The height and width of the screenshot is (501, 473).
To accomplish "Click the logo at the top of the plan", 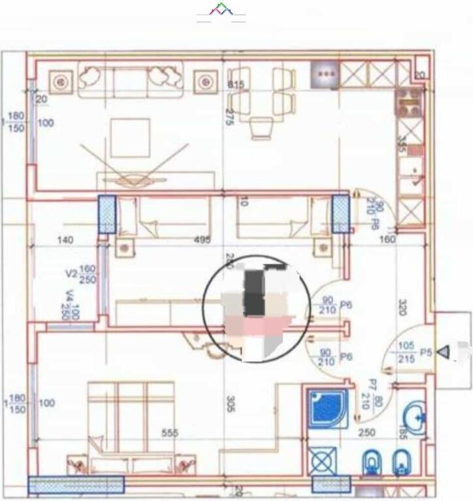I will (x=221, y=12).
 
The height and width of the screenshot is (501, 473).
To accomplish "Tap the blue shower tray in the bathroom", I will (x=327, y=408).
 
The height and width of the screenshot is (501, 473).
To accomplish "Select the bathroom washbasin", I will (x=416, y=414).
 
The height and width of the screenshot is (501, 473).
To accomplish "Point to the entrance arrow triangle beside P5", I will (x=444, y=353).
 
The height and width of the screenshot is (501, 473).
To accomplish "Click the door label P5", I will (x=426, y=352).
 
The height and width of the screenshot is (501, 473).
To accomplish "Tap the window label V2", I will (x=71, y=273).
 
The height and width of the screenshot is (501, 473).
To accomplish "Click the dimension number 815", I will (x=235, y=85).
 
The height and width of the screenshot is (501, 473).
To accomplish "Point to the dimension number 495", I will (x=203, y=240).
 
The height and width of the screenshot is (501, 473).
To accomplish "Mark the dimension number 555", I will (x=171, y=433).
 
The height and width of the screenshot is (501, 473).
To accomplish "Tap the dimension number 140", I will (x=65, y=240).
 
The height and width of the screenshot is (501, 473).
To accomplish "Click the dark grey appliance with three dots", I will (x=325, y=74).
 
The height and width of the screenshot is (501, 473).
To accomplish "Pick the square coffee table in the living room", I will (x=130, y=137).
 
